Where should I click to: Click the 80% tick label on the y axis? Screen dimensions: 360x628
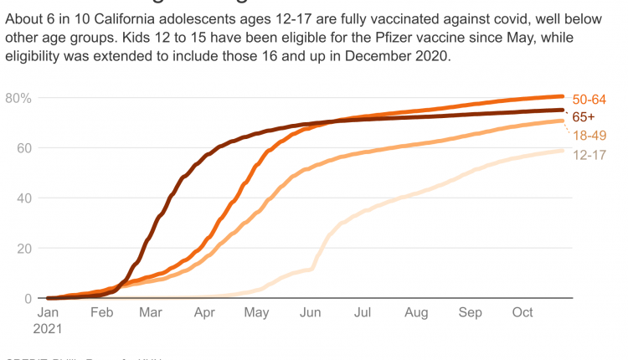18,98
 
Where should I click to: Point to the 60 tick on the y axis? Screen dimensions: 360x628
23,148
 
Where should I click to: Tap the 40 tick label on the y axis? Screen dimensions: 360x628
23,198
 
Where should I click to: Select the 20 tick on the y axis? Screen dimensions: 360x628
23,249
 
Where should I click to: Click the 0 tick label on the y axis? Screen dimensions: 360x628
28,299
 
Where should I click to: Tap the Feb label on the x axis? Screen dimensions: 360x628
100,313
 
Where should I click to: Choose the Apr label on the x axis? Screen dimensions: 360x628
204,313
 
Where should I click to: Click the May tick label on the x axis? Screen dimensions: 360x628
256,313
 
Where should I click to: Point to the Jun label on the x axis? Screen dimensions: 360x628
310,313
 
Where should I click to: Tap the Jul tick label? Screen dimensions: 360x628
363,313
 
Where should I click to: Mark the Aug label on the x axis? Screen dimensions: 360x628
415,313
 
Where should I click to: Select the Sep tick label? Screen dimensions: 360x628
470,313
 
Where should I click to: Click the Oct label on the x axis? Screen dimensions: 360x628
522,313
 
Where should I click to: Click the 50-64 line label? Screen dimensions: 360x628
589,99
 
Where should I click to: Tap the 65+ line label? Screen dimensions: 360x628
584,117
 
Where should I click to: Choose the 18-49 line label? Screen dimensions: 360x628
589,136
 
